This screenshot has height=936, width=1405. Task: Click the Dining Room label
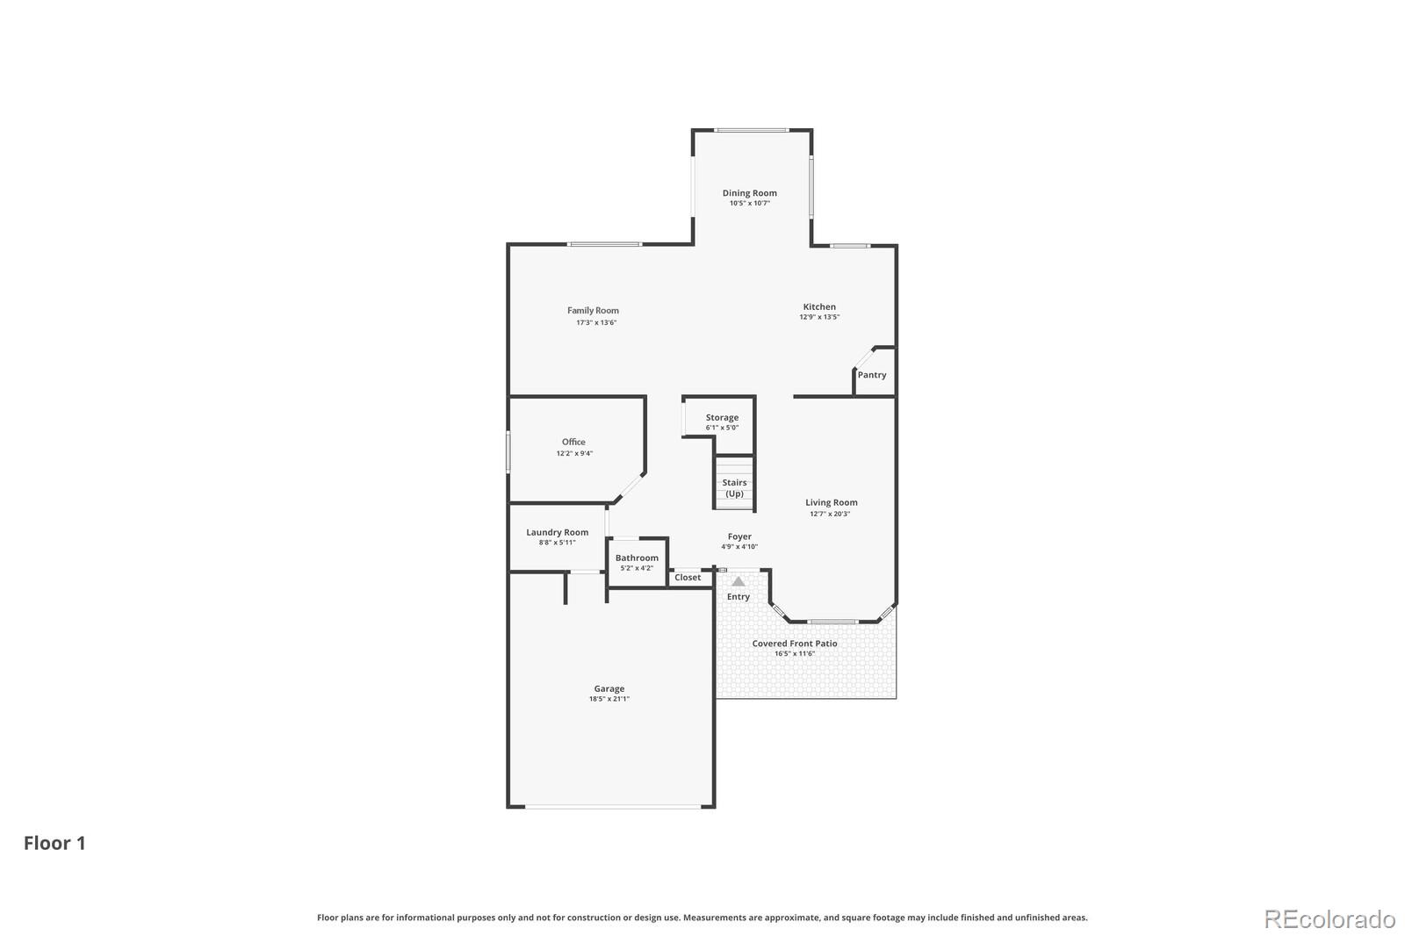[749, 193]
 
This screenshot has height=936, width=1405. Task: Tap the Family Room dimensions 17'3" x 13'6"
[596, 322]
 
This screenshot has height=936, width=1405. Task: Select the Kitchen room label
[819, 306]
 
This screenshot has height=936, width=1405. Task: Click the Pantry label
[872, 375]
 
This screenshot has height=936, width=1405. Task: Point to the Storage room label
[722, 418]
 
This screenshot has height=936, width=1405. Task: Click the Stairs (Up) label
[734, 488]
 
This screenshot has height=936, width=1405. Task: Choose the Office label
[573, 442]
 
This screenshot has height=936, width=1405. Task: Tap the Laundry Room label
[557, 532]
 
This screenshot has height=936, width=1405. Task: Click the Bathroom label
[637, 558]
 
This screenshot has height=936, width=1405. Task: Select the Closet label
[688, 577]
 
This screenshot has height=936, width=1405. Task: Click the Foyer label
[739, 536]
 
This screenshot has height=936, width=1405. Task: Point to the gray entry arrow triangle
[739, 581]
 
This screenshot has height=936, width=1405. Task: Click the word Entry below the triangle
[739, 597]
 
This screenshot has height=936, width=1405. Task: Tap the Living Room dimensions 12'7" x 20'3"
[830, 514]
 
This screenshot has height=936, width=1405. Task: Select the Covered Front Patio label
[795, 644]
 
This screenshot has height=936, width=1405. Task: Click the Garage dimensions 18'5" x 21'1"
[609, 699]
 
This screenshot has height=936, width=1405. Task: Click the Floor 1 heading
[54, 843]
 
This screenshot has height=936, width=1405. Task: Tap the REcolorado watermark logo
[1329, 919]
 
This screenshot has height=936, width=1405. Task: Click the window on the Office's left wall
[508, 453]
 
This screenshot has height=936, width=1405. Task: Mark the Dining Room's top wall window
[751, 130]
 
